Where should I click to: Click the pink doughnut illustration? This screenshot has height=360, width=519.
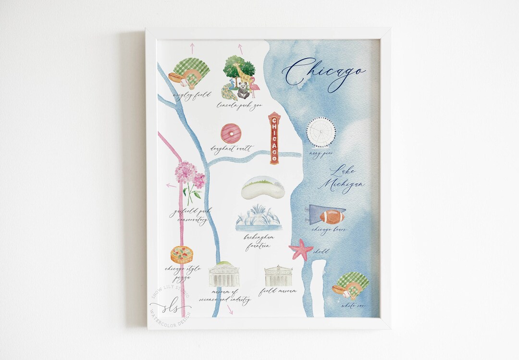[x=230, y=133]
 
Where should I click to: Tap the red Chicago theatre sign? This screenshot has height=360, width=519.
[x=274, y=138]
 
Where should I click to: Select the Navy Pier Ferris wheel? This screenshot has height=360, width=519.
[x=321, y=132]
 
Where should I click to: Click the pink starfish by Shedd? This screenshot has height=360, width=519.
[x=301, y=249]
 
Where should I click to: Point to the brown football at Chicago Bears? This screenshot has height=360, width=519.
[x=332, y=217]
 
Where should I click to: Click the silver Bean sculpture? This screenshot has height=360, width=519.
[x=262, y=188]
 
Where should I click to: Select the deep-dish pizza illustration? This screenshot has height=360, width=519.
[x=182, y=254]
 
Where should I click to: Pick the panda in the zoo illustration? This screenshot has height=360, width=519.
[x=242, y=90]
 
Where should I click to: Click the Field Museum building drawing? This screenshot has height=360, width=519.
[x=279, y=276]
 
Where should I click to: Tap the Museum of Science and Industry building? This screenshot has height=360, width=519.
[x=223, y=275]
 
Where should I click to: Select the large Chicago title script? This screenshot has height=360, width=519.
[x=324, y=72]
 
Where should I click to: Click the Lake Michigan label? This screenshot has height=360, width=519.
[x=345, y=179]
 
